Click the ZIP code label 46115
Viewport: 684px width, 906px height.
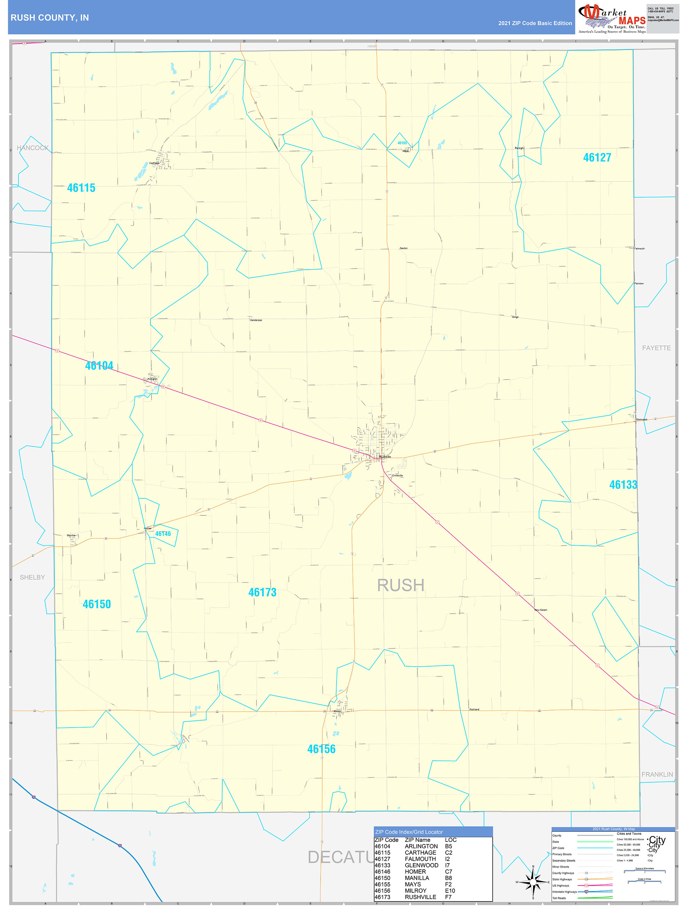click(81, 188)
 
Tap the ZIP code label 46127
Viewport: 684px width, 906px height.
click(597, 158)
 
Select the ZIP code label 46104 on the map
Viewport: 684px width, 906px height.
click(99, 366)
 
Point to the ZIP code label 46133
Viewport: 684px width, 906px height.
click(623, 485)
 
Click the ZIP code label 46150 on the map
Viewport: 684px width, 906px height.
click(97, 604)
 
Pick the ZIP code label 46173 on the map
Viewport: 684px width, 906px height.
click(262, 592)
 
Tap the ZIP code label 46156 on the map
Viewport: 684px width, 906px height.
click(321, 749)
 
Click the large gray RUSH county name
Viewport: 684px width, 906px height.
click(400, 585)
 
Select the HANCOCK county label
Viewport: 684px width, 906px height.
click(32, 148)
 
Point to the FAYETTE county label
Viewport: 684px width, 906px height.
click(656, 348)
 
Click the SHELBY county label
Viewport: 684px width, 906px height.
click(32, 577)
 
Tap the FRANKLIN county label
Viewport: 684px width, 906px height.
click(657, 775)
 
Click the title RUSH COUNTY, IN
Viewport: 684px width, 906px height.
click(49, 18)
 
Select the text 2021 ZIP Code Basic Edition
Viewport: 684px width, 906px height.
click(535, 23)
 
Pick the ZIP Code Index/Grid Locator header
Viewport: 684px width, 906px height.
click(409, 832)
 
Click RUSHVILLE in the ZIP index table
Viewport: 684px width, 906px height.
click(420, 897)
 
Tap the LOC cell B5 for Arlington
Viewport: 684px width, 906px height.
click(448, 846)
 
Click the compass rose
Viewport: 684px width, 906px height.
click(533, 882)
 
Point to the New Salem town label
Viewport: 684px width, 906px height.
click(541, 610)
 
